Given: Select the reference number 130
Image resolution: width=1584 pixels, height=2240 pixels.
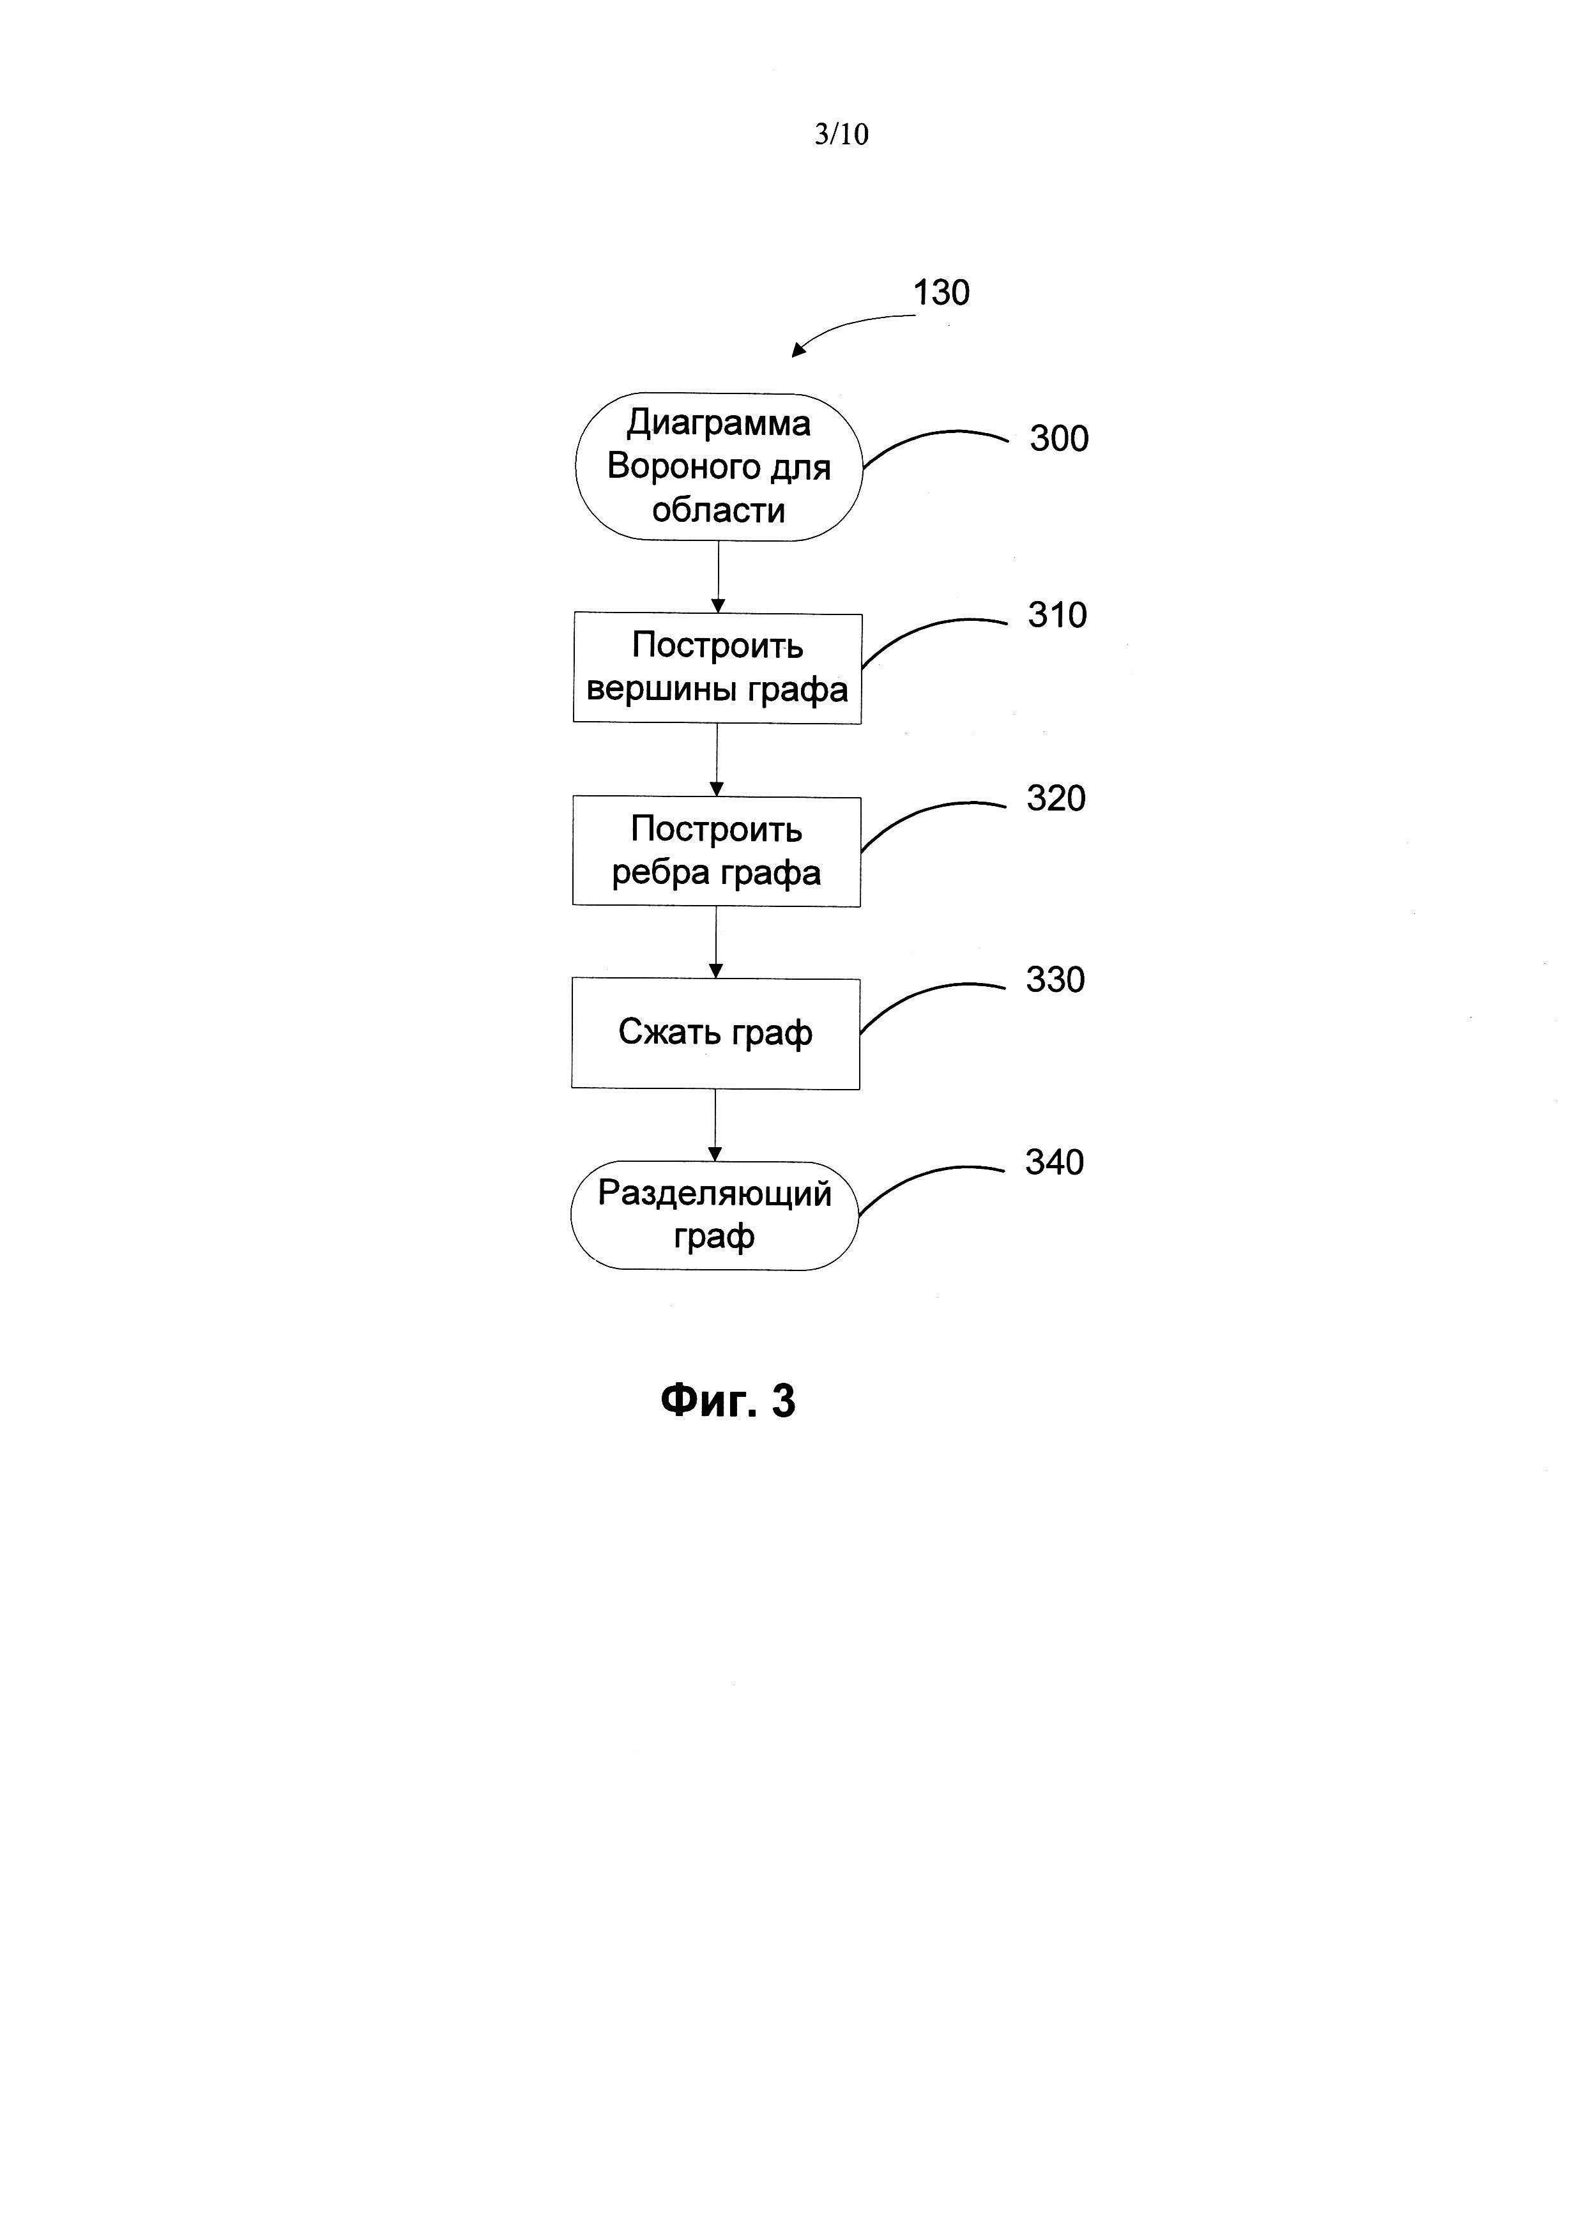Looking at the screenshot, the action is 941,293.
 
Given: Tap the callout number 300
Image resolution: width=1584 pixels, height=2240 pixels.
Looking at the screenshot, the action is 1059,439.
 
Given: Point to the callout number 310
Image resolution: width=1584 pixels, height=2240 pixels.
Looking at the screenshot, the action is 1057,616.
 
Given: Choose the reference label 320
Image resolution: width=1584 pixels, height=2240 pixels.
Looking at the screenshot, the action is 1056,799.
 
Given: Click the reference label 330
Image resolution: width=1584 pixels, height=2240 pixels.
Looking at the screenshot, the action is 1055,980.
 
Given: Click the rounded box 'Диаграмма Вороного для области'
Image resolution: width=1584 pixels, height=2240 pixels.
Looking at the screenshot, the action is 719,468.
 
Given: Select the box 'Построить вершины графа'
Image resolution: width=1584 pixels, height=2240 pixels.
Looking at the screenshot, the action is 717,668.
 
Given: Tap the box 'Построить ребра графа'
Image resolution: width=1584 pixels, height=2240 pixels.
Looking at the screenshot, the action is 716,851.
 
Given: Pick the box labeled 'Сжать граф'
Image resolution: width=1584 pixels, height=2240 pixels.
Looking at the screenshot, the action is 715,1034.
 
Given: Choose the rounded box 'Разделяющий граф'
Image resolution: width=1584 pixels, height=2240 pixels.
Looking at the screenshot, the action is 714,1215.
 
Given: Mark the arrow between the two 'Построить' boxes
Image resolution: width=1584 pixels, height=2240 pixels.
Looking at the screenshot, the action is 717,761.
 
